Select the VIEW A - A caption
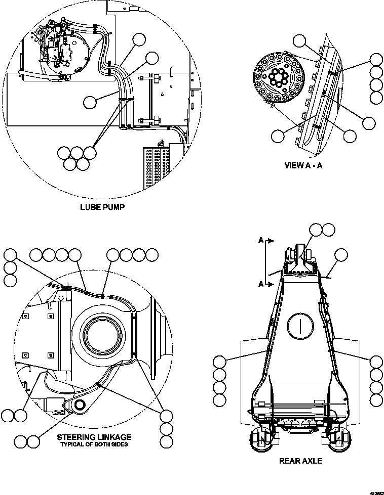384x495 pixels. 303,165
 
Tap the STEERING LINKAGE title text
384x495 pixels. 94,437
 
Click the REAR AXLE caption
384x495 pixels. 300,461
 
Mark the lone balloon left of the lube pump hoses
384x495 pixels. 90,103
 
